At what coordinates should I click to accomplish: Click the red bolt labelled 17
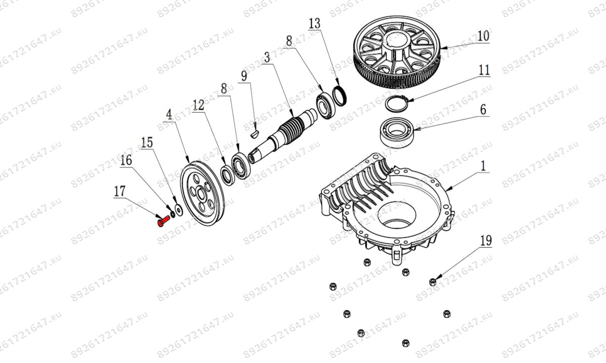pos(163,221)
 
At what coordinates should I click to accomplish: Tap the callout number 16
pos(126,160)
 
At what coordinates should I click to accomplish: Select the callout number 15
pos(146,143)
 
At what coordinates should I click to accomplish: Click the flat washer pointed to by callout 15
pos(178,209)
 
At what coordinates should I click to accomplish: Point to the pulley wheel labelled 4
pos(201,194)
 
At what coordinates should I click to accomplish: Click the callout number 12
pos(198,105)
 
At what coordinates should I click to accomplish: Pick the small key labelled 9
pos(255,134)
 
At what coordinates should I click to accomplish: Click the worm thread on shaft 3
pos(291,129)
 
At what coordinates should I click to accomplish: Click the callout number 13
pos(314,23)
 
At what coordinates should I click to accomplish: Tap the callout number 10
pos(483,36)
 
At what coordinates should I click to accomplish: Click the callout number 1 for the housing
pos(483,165)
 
